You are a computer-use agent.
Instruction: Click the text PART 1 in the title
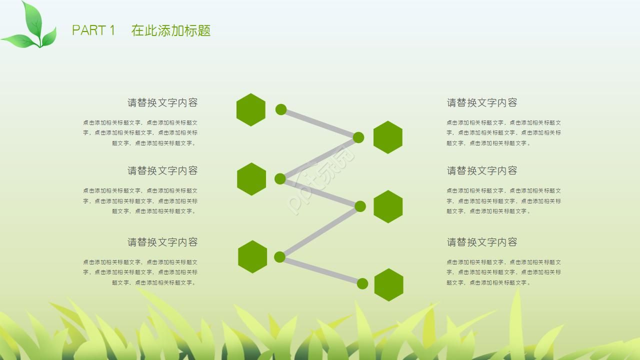pyautogui.click(x=93, y=30)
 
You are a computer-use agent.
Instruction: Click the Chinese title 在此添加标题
pyautogui.click(x=171, y=30)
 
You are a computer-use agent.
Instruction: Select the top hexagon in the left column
pyautogui.click(x=250, y=109)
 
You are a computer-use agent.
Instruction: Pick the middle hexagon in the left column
pyautogui.click(x=251, y=178)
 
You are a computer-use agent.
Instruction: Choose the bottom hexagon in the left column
pyautogui.click(x=252, y=257)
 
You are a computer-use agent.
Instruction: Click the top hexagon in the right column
pyautogui.click(x=388, y=137)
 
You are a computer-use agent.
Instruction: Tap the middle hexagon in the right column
pyautogui.click(x=388, y=206)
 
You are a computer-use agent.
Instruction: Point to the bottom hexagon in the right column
pyautogui.click(x=388, y=284)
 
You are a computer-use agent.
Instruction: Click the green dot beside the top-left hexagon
pyautogui.click(x=281, y=109)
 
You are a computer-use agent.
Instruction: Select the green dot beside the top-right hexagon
pyautogui.click(x=358, y=137)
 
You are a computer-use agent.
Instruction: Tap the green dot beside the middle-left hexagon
pyautogui.click(x=280, y=178)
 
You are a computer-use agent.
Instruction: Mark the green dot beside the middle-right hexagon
pyautogui.click(x=360, y=206)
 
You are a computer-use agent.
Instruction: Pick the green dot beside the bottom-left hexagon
pyautogui.click(x=279, y=257)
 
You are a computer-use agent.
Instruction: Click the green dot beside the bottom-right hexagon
pyautogui.click(x=362, y=284)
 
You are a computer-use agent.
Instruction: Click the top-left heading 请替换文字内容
pyautogui.click(x=162, y=102)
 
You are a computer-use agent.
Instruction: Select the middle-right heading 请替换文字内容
pyautogui.click(x=482, y=170)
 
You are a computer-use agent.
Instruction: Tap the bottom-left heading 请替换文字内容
pyautogui.click(x=162, y=242)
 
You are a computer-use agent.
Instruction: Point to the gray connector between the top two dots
pyautogui.click(x=320, y=123)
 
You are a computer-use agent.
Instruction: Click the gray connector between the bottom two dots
pyautogui.click(x=321, y=270)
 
